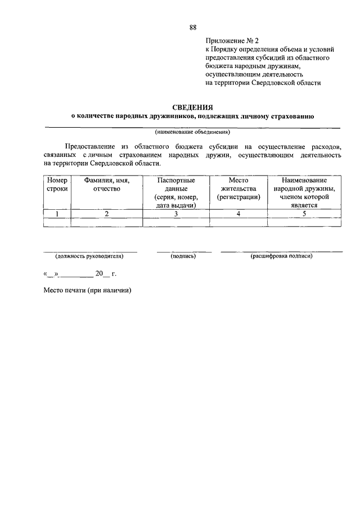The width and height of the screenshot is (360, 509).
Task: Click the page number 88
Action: pyautogui.click(x=193, y=27)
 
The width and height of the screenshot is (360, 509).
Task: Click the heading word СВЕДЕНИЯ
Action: pyautogui.click(x=192, y=106)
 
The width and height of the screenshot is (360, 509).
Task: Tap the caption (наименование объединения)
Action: pyautogui.click(x=192, y=133)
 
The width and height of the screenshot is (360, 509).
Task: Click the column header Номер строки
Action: pyautogui.click(x=57, y=185)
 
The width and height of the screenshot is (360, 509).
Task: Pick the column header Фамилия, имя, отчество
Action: pyautogui.click(x=106, y=185)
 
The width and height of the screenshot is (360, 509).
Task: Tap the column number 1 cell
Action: pyautogui.click(x=57, y=214)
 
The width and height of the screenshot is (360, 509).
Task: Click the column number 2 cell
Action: pyautogui.click(x=106, y=214)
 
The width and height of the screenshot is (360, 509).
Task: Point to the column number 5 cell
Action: pyautogui.click(x=304, y=214)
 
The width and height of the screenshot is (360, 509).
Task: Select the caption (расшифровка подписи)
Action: pyautogui.click(x=281, y=256)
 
